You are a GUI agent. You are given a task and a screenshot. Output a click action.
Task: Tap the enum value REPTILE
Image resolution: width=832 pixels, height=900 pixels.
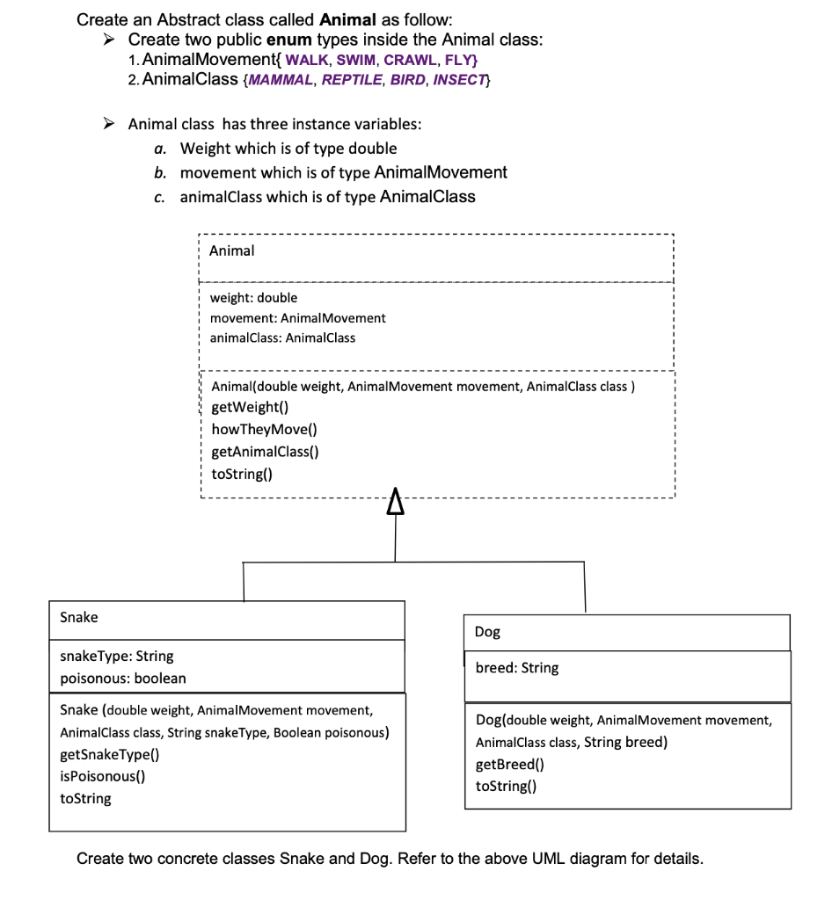click(x=352, y=80)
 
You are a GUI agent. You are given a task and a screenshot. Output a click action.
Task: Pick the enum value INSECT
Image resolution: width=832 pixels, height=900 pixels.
click(x=457, y=80)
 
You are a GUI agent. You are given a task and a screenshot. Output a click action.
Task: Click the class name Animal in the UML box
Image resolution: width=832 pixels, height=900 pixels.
click(x=231, y=251)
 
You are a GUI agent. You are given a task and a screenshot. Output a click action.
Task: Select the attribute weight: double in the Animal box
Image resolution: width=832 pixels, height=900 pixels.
click(x=253, y=298)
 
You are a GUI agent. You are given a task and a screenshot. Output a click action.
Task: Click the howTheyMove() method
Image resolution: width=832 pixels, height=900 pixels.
click(x=264, y=430)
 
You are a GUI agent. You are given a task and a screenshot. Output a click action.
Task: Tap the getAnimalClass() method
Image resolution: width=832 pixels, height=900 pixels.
click(x=265, y=452)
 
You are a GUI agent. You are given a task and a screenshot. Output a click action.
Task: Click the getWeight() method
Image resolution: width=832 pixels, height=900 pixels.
click(x=250, y=407)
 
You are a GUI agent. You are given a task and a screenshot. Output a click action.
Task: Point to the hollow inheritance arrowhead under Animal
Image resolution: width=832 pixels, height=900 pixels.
click(x=395, y=504)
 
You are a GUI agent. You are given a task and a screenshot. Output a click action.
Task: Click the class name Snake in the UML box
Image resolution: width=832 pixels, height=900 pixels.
click(x=78, y=617)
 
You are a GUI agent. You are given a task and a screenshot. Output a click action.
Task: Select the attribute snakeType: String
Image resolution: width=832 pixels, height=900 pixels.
click(x=116, y=656)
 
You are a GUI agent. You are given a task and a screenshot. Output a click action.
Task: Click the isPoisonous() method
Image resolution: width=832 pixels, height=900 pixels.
click(x=102, y=776)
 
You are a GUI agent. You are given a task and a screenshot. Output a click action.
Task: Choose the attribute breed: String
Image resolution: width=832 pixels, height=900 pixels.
click(x=516, y=668)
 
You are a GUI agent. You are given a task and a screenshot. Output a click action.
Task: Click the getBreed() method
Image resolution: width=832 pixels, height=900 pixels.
click(x=509, y=765)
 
